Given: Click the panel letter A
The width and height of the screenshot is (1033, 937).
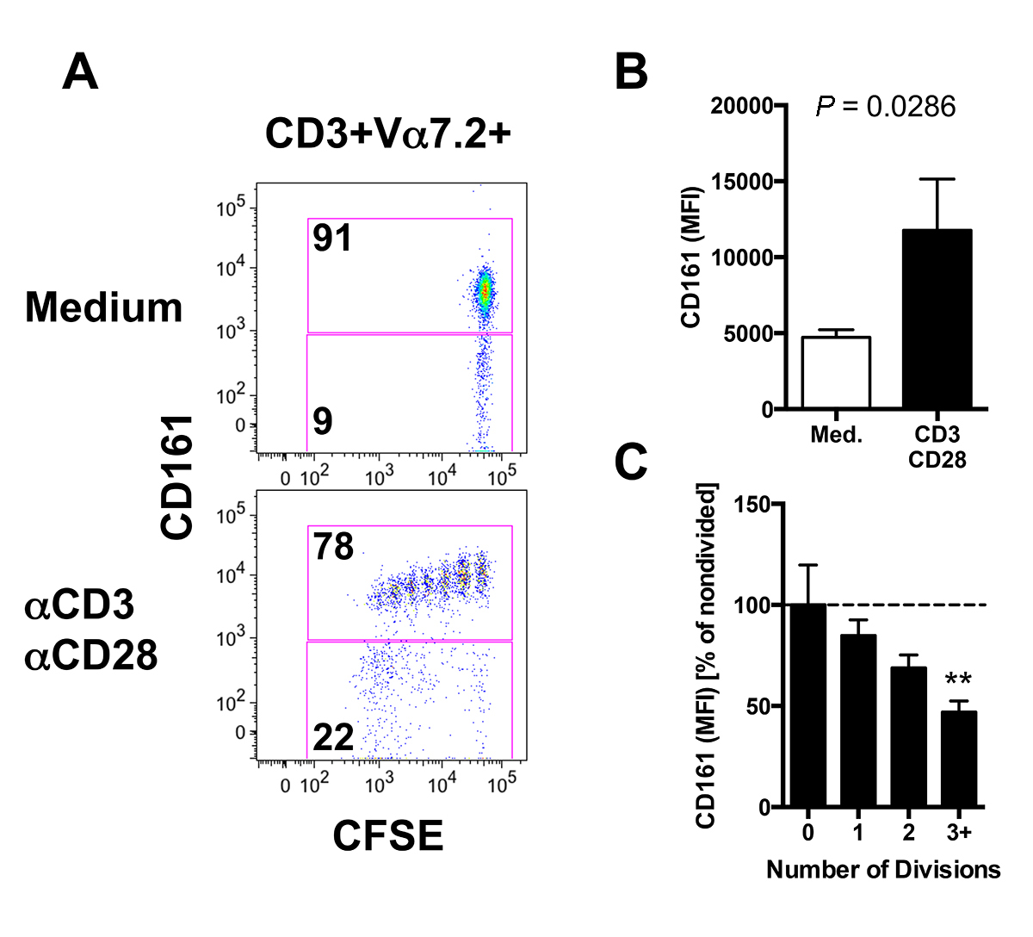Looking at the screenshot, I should [80, 72].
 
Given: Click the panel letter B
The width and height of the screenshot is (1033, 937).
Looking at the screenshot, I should [630, 72].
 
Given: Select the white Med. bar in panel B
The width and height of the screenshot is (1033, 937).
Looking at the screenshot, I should [836, 372].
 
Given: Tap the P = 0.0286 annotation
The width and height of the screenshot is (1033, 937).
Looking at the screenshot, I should [885, 107].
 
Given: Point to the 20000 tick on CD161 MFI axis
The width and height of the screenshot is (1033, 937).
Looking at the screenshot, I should [741, 106].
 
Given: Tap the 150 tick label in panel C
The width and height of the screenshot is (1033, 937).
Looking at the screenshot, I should [752, 505].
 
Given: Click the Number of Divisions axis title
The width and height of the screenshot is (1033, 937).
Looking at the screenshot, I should [883, 869].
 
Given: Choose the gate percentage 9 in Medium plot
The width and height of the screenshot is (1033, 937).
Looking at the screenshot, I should [323, 421].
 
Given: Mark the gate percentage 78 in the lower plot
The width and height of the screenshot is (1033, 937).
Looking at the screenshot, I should [333, 546].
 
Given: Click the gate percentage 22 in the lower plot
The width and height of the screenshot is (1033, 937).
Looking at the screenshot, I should [333, 737].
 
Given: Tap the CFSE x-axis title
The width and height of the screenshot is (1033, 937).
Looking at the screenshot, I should [387, 835].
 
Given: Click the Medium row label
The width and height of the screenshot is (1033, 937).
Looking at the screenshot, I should [103, 307].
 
